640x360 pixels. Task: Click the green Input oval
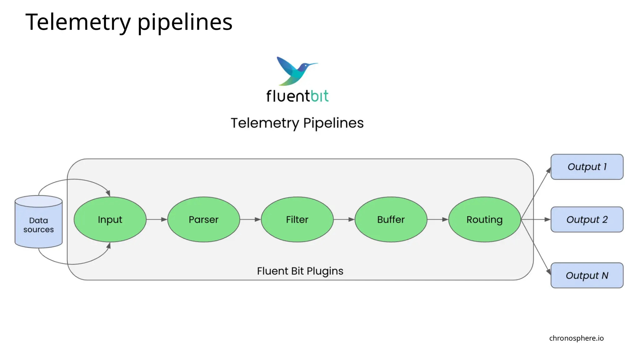110,219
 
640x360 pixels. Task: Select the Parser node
203,219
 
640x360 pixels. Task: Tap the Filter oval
297,219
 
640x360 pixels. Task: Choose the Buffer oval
391,219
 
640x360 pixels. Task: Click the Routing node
484,219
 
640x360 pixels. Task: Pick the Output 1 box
587,167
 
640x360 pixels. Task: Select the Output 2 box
587,219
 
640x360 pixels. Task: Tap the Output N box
587,275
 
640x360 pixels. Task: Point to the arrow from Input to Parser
157,219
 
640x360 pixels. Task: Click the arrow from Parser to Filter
250,219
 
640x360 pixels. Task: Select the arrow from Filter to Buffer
344,219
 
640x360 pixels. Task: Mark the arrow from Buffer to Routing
437,219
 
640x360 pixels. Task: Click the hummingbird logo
295,70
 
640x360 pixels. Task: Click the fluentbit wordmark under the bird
297,96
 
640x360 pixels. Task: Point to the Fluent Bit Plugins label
300,271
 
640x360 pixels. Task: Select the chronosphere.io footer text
576,338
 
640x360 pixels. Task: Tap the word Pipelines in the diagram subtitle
333,123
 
